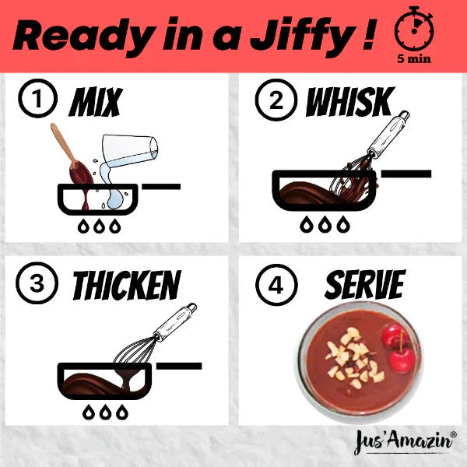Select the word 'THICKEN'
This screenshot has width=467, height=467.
[126, 286]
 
